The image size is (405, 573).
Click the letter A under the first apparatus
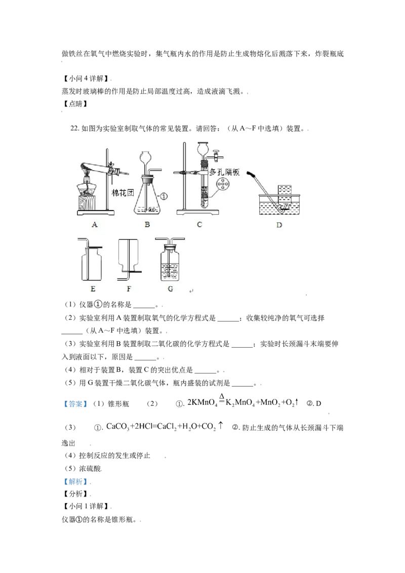tap(94, 225)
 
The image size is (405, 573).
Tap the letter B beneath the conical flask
tap(147, 225)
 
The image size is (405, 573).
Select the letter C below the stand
tap(199, 225)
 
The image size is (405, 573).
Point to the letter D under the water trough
tap(279, 225)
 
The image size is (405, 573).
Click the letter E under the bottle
tap(93, 289)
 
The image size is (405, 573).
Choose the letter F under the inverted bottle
tap(129, 289)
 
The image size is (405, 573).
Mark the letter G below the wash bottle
tap(170, 289)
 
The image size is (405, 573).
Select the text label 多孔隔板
tap(225, 173)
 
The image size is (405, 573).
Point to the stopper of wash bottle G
tap(170, 248)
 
